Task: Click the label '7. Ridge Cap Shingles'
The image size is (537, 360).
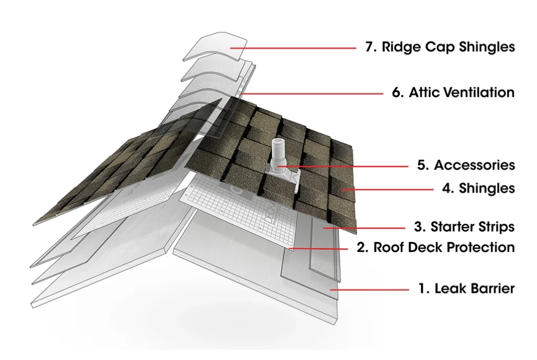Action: click(x=440, y=47)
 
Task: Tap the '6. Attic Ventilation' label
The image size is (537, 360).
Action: click(x=453, y=92)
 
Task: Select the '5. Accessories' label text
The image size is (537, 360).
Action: click(x=466, y=165)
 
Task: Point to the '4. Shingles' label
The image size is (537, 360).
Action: click(x=478, y=188)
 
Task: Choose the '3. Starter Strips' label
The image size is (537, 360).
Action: click(x=465, y=226)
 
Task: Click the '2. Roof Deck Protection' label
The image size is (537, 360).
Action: click(x=436, y=247)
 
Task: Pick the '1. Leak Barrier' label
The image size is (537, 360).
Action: click(x=466, y=289)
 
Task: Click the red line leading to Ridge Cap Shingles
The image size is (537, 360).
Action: click(x=293, y=48)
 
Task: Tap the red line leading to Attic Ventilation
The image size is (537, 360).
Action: click(x=312, y=93)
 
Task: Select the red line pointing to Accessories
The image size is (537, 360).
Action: click(x=342, y=167)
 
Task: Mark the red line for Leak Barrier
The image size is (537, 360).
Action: click(x=370, y=290)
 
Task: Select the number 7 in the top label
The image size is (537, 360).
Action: click(x=369, y=47)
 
